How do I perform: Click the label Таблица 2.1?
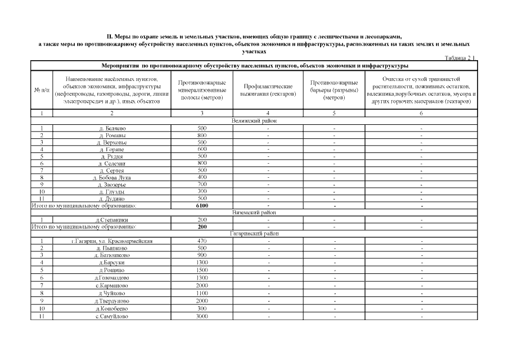click(460, 57)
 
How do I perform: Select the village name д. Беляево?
click(111, 128)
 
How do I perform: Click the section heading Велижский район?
click(254, 121)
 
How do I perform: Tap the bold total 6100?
click(202, 206)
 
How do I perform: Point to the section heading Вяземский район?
click(254, 213)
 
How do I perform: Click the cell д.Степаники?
click(111, 220)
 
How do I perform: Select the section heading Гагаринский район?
click(254, 234)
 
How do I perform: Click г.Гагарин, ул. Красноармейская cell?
click(111, 241)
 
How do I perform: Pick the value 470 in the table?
click(202, 241)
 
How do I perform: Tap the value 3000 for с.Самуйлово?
click(202, 316)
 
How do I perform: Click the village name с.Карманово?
click(111, 286)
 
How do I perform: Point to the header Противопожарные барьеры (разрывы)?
click(334, 90)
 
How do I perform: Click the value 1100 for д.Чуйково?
click(202, 293)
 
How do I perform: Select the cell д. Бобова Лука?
click(111, 177)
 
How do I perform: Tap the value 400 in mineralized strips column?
click(202, 177)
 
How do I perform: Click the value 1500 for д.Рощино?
click(202, 270)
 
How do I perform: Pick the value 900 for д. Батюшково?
click(202, 255)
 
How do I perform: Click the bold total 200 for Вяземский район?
click(202, 227)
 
